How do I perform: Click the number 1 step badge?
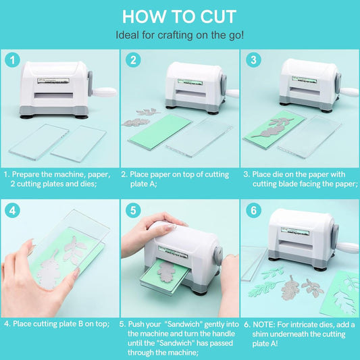click(12, 60)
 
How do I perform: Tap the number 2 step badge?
click(133, 60)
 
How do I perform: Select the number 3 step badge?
click(253, 60)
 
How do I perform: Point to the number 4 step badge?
click(12, 211)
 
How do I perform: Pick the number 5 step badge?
click(133, 211)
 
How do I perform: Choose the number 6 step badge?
click(253, 211)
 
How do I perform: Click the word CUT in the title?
click(218, 17)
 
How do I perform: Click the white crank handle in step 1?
click(105, 92)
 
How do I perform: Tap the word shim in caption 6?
click(261, 334)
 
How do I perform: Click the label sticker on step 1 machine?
click(53, 80)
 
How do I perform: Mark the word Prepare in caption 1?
click(26, 175)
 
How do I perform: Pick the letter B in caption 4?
click(80, 324)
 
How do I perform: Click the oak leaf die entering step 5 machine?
click(167, 271)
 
